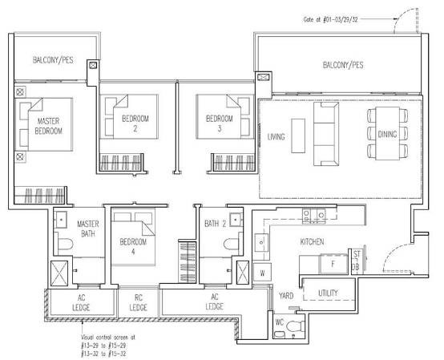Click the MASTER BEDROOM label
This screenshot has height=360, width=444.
tap(48, 126)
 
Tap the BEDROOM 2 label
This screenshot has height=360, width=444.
tap(135, 123)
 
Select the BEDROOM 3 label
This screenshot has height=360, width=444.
tap(220, 123)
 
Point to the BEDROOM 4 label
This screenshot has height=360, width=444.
tap(133, 246)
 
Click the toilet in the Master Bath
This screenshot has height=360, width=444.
tap(65, 245)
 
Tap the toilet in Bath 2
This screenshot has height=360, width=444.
tap(232, 244)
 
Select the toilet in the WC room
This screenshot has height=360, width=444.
tap(294, 326)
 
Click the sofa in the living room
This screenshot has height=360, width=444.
tap(326, 134)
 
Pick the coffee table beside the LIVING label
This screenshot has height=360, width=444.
tap(298, 136)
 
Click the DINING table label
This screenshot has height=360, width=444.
tap(387, 134)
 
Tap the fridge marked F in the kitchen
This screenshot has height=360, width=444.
tap(333, 264)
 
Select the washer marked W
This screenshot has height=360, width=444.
tap(262, 273)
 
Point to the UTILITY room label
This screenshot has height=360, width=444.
tap(328, 293)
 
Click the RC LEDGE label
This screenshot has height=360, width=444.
tap(138, 302)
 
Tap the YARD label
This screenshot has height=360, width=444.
tap(286, 296)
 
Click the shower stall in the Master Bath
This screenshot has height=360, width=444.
tap(59, 273)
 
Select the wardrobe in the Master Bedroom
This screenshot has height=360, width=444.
tap(40, 195)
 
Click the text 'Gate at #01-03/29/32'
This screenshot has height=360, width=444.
tap(330, 19)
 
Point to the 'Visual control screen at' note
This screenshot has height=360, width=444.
tap(108, 338)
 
